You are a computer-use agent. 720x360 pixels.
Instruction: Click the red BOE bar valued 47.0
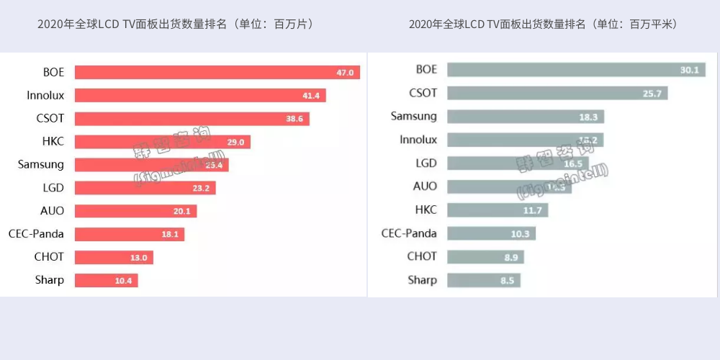(x=217, y=72)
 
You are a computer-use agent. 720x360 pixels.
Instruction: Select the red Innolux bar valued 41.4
(x=200, y=95)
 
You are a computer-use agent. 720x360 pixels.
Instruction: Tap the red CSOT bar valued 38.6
(x=192, y=118)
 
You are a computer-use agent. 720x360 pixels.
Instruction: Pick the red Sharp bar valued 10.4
(x=106, y=280)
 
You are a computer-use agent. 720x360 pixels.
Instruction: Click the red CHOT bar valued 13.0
(x=114, y=257)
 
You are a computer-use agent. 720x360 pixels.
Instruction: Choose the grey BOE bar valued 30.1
(x=576, y=70)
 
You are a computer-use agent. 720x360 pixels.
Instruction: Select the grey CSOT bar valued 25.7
(x=557, y=93)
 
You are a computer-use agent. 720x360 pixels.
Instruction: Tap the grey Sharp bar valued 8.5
(x=483, y=280)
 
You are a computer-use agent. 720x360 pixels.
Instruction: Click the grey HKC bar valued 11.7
(x=498, y=210)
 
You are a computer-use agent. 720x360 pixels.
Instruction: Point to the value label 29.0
(x=235, y=142)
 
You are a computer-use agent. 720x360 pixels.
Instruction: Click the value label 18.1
(x=170, y=234)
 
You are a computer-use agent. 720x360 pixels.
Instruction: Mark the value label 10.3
(x=520, y=233)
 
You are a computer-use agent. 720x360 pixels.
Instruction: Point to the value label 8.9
(x=510, y=257)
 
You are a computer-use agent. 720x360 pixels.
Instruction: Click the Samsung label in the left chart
(x=41, y=164)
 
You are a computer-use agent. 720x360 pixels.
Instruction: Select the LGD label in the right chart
(x=426, y=163)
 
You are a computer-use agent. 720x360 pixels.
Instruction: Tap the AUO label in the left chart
(x=52, y=210)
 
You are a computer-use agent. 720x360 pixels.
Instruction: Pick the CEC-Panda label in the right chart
(x=409, y=233)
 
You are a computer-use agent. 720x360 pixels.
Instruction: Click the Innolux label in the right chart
(x=418, y=140)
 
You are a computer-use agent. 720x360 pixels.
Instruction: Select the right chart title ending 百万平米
(x=543, y=24)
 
